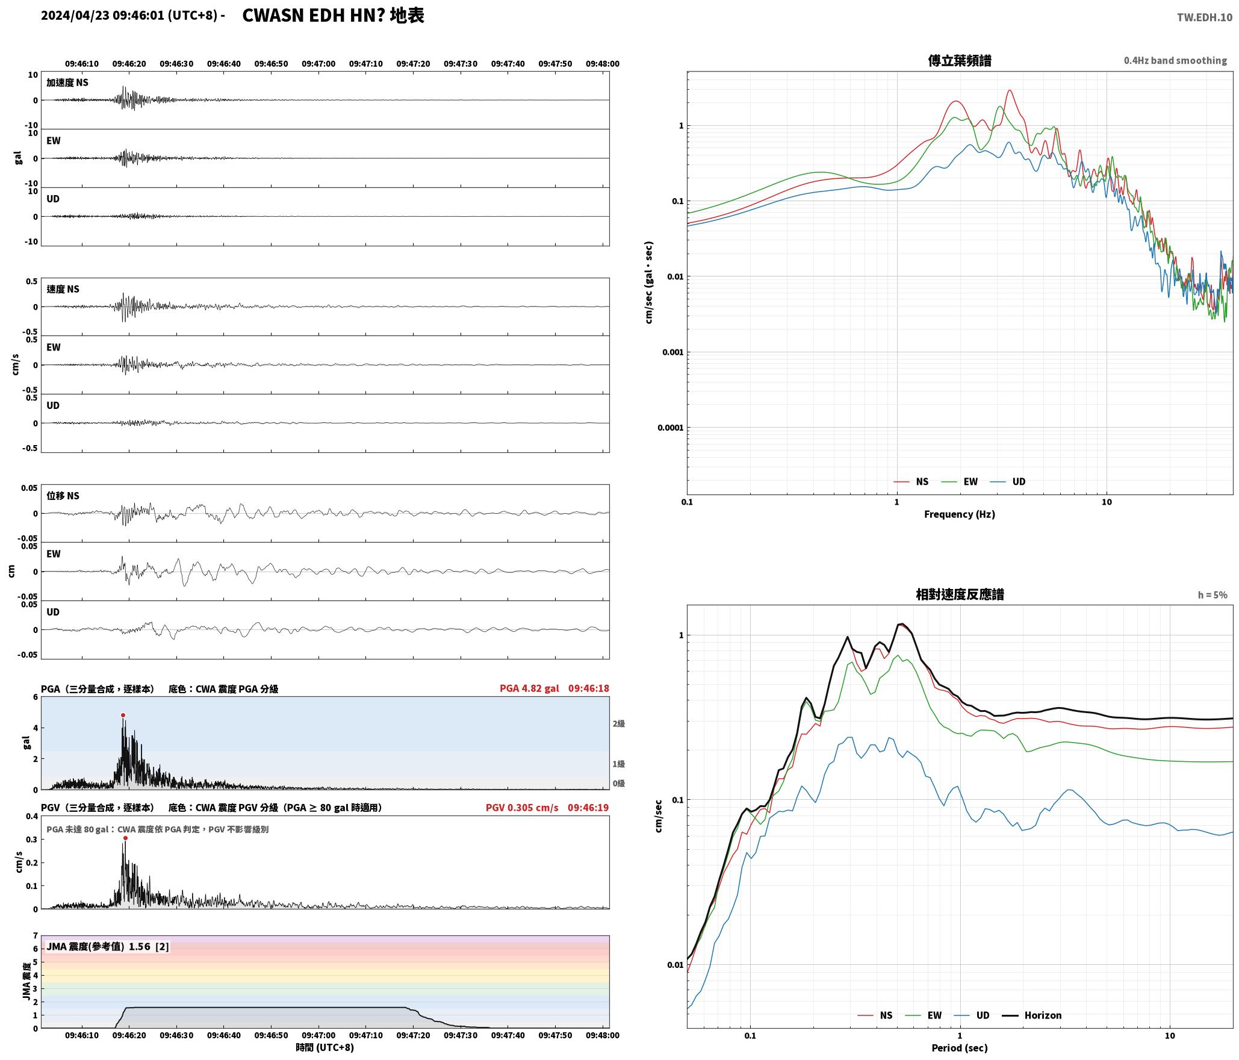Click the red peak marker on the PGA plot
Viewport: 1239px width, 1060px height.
(x=123, y=715)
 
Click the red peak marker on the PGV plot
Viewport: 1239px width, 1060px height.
(x=125, y=838)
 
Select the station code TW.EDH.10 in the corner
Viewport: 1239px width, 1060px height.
(x=1205, y=17)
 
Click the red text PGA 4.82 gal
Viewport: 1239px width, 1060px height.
(x=529, y=688)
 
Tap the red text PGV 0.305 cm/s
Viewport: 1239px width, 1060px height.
(x=522, y=808)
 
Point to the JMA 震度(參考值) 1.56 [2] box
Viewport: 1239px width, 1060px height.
(x=108, y=947)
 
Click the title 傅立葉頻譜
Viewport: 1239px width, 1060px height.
(x=960, y=61)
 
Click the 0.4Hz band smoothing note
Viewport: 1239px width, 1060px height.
(x=1175, y=61)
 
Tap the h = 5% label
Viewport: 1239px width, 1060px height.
(x=1213, y=595)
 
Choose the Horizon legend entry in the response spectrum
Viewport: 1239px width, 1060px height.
(x=1032, y=1015)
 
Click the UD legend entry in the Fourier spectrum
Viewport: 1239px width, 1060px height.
(x=1008, y=482)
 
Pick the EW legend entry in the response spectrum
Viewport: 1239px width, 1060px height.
(x=924, y=1015)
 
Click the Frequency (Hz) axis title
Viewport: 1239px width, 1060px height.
(x=960, y=514)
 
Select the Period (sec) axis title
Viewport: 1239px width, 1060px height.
(x=960, y=1048)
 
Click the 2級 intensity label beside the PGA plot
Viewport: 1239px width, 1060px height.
(x=619, y=724)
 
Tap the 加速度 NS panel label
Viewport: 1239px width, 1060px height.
(x=67, y=83)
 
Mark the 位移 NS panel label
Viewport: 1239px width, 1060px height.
(x=63, y=496)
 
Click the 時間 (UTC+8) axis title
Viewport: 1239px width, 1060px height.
(x=324, y=1047)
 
